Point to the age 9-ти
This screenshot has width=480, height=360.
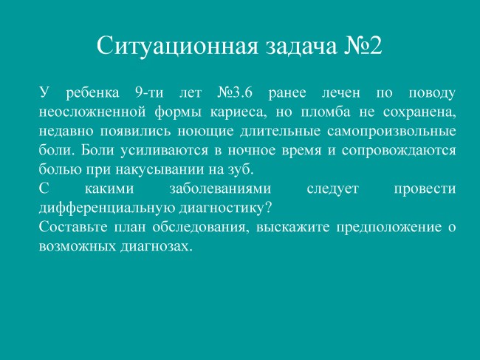tap(149, 92)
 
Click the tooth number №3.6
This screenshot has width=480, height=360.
tap(235, 92)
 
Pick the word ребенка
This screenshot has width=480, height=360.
tap(92, 93)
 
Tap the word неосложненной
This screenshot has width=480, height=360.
tap(92, 112)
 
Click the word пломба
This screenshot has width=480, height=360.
tap(326, 112)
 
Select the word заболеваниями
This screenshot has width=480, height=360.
tap(220, 189)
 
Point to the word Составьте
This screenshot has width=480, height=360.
tap(73, 228)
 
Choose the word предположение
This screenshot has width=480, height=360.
tap(389, 228)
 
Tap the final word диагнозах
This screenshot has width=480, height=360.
tap(156, 247)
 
